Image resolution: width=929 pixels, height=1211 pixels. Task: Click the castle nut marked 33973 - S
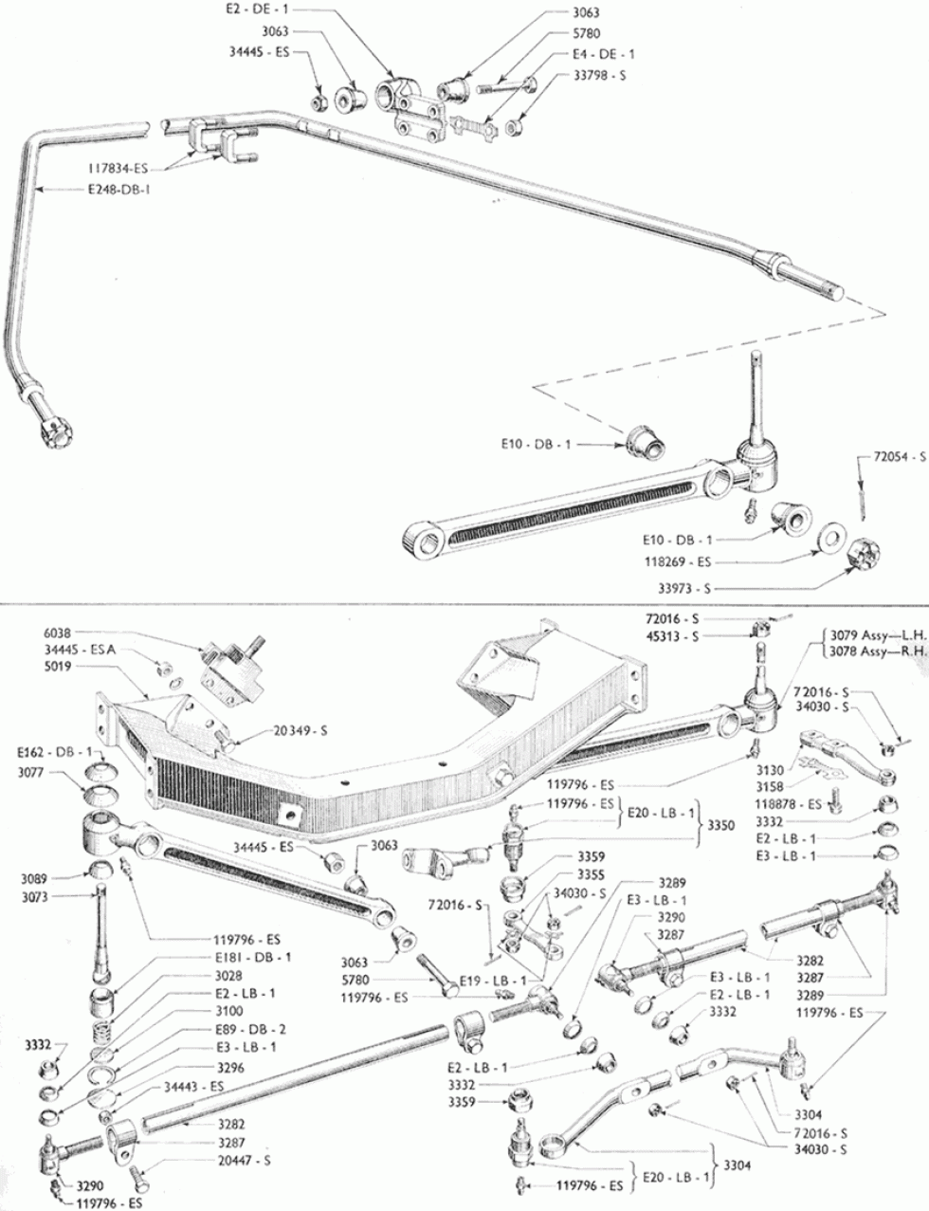click(862, 552)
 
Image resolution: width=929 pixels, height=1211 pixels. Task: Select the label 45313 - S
click(672, 636)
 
